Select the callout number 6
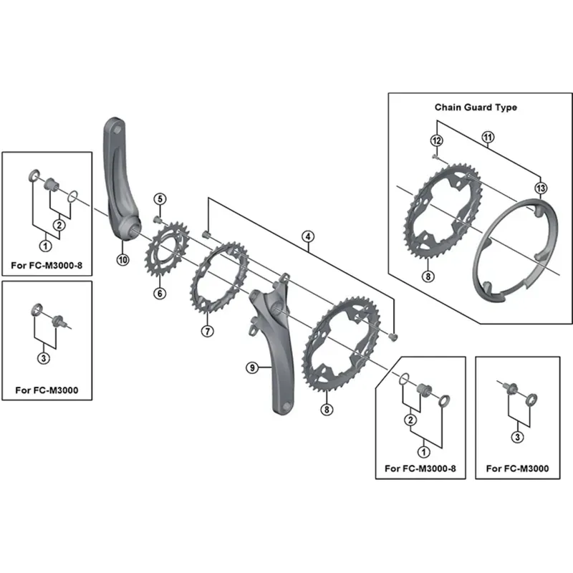[158, 293]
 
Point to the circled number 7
[207, 331]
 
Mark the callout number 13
[540, 188]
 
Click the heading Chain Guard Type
[476, 107]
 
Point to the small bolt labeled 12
[435, 155]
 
